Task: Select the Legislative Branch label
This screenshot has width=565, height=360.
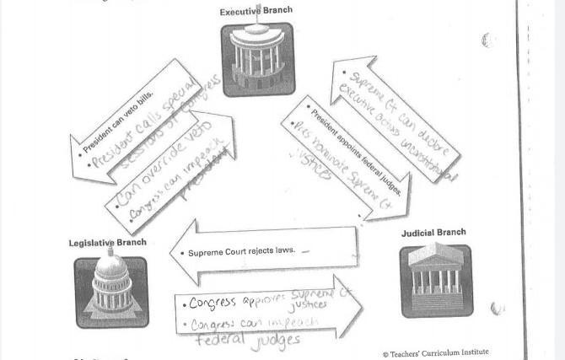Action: [x=107, y=243]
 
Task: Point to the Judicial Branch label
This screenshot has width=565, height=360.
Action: [x=433, y=232]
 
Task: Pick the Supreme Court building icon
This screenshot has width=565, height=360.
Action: [x=435, y=281]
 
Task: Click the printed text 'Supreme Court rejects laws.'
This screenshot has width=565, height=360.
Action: [x=240, y=252]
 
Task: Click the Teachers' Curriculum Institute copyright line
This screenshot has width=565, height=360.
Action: [x=434, y=352]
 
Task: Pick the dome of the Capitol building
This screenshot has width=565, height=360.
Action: [x=110, y=268]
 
